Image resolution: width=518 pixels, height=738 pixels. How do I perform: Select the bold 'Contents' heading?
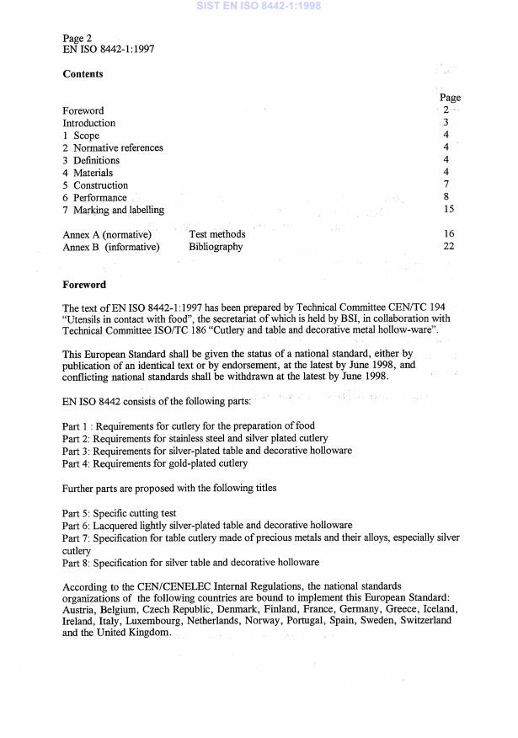coord(83,74)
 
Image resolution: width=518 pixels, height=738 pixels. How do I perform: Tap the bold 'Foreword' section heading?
coord(85,285)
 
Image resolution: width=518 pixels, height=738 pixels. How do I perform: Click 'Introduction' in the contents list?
coord(89,123)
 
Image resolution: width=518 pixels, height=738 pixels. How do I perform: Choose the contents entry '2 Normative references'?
coord(113,148)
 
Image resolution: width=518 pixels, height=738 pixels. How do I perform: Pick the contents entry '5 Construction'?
coord(95,185)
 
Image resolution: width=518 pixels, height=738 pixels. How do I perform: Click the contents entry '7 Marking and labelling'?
coord(114,210)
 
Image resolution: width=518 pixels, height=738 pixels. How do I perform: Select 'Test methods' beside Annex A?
coord(217,234)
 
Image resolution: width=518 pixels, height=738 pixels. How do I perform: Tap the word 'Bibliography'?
coord(216,247)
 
